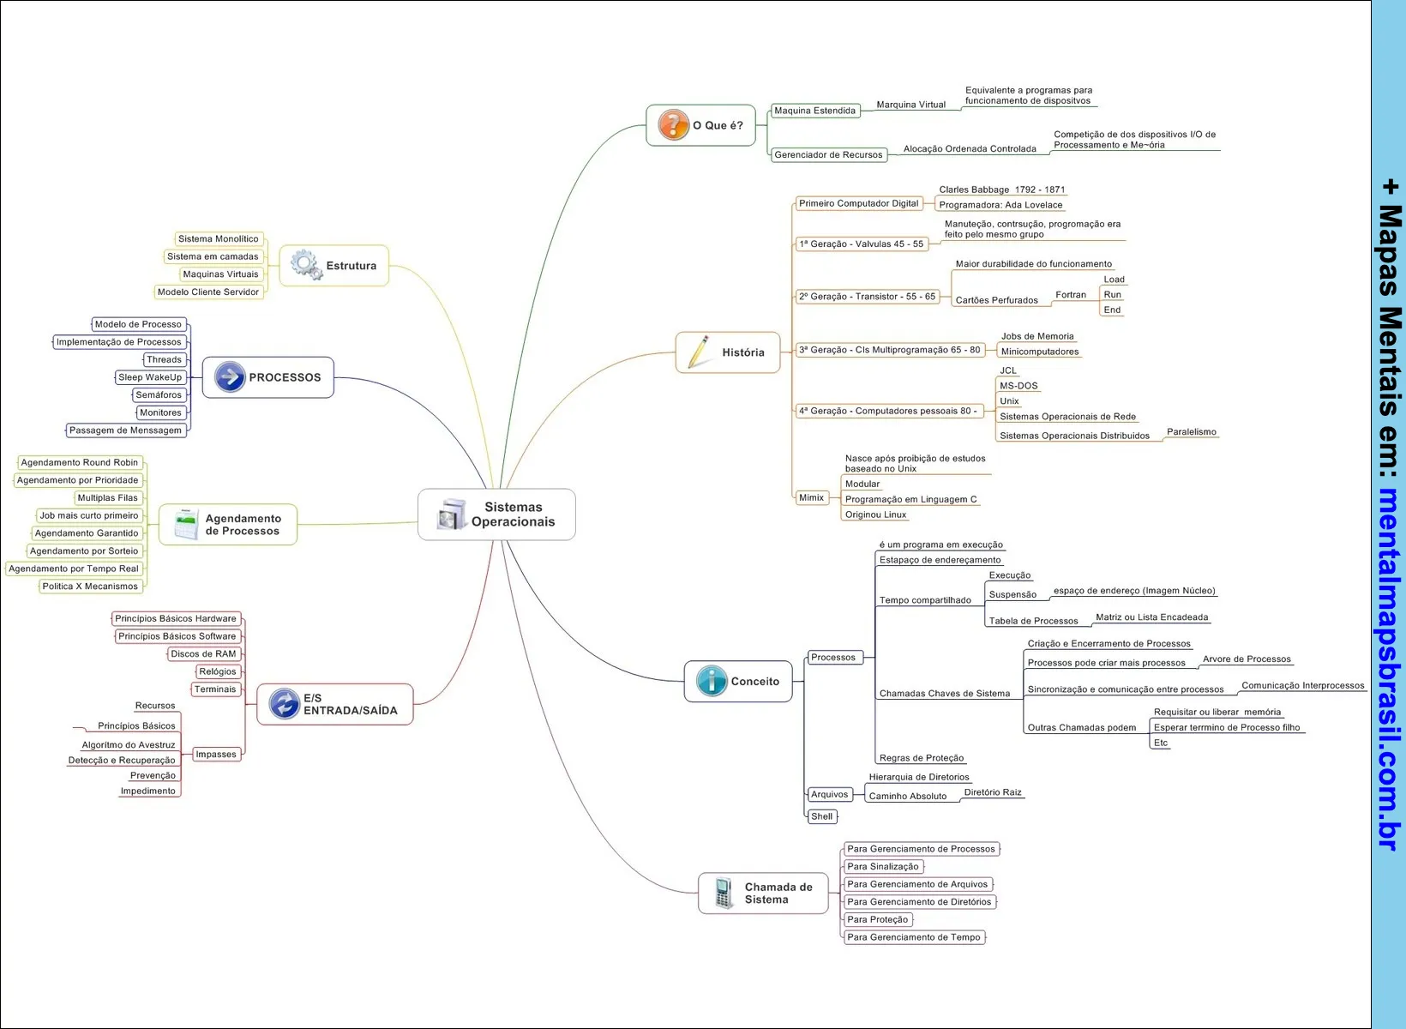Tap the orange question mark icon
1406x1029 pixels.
673,125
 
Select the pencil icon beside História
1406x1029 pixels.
699,352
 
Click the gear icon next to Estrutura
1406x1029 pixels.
305,265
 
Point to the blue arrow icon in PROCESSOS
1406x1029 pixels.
230,376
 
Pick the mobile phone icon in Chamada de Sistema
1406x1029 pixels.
723,893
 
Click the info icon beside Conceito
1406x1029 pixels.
712,681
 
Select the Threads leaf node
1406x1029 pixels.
164,359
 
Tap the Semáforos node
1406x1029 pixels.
159,394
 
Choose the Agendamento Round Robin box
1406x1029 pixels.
79,462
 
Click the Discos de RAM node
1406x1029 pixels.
203,653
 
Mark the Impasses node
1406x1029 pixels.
216,754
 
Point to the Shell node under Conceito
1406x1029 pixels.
821,816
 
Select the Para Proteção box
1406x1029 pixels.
877,919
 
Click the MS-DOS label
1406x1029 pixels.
1018,386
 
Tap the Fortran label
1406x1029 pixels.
1071,295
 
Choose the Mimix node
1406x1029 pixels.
811,497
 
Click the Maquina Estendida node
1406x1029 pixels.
814,111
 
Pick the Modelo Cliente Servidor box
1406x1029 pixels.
208,292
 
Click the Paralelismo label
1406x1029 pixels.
1191,432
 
